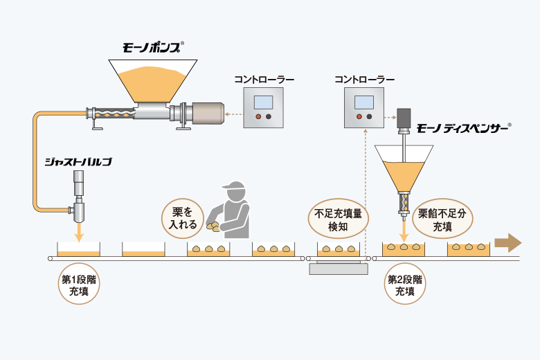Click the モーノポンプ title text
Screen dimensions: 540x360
pyautogui.click(x=152, y=48)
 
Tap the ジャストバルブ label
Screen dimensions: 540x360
pyautogui.click(x=78, y=162)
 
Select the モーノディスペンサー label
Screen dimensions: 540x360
pyautogui.click(x=463, y=129)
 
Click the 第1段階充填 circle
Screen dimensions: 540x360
pyautogui.click(x=79, y=284)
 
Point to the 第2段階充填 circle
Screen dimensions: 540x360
pyautogui.click(x=405, y=284)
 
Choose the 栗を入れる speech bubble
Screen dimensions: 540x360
pyautogui.click(x=183, y=218)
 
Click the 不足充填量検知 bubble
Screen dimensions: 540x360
pyautogui.click(x=338, y=219)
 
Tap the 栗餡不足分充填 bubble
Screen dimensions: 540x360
pyautogui.click(x=442, y=219)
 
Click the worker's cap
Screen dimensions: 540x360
pyautogui.click(x=234, y=186)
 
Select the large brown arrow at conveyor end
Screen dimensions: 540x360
pyautogui.click(x=508, y=243)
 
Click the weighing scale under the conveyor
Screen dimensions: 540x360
pyautogui.click(x=339, y=268)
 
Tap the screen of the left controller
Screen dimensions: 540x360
pyautogui.click(x=264, y=102)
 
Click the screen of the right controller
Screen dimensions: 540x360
pyautogui.click(x=364, y=102)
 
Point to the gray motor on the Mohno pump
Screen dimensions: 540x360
pyautogui.click(x=208, y=114)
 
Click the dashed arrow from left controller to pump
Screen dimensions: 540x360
pyautogui.click(x=234, y=114)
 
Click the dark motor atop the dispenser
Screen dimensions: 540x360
pyautogui.click(x=404, y=118)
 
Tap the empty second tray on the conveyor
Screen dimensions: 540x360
pyautogui.click(x=143, y=249)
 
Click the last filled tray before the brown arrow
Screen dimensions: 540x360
pyautogui.click(x=469, y=249)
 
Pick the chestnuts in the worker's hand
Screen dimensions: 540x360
pyautogui.click(x=213, y=226)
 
